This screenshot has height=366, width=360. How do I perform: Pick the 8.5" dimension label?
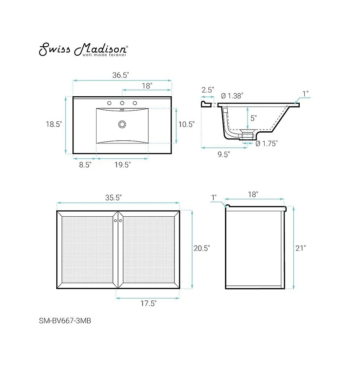85,165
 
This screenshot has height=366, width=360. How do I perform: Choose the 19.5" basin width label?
122,165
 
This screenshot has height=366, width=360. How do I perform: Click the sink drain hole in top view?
121,124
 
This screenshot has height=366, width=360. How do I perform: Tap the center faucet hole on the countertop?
122,103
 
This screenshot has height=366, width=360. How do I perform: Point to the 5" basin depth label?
253,118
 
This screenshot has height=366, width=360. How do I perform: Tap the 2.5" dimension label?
207,90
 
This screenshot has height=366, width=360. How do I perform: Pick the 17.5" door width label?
148,304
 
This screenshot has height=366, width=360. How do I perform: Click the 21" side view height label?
301,248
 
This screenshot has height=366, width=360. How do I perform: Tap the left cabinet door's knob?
115,221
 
